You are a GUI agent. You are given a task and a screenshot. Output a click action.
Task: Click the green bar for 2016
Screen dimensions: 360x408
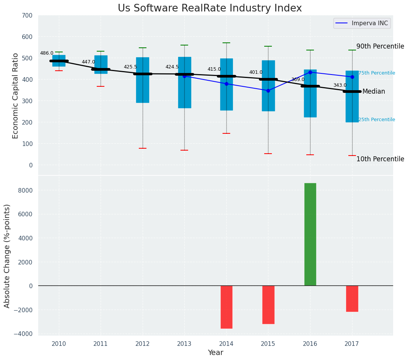pyautogui.click(x=310, y=234)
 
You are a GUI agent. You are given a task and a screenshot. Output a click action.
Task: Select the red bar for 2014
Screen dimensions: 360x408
pyautogui.click(x=226, y=307)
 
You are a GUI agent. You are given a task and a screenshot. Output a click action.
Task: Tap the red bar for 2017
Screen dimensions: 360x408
pyautogui.click(x=352, y=298)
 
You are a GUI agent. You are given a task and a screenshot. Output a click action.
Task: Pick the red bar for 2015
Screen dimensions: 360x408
pyautogui.click(x=268, y=305)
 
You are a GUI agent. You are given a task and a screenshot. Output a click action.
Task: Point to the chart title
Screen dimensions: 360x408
pyautogui.click(x=210, y=8)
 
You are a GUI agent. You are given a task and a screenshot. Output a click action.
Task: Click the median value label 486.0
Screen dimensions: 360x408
pyautogui.click(x=47, y=53)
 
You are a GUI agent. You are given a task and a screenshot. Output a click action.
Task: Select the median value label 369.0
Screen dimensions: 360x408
pyautogui.click(x=298, y=79)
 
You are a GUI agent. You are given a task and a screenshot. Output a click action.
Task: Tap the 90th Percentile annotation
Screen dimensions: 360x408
pyautogui.click(x=380, y=46)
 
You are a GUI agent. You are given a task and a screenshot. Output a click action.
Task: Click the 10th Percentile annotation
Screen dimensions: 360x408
pyautogui.click(x=380, y=159)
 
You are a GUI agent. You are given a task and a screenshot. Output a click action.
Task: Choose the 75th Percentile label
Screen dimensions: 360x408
pyautogui.click(x=377, y=73)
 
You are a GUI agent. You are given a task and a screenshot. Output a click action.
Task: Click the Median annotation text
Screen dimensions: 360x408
pyautogui.click(x=374, y=91)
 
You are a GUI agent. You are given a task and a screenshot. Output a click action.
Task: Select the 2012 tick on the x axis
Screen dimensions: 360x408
pyautogui.click(x=143, y=344)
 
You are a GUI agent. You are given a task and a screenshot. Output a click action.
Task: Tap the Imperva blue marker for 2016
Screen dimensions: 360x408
pyautogui.click(x=310, y=72)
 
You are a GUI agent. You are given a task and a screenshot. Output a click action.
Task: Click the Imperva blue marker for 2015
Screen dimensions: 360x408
pyautogui.click(x=268, y=91)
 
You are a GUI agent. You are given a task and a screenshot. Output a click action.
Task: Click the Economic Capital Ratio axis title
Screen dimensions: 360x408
pyautogui.click(x=16, y=96)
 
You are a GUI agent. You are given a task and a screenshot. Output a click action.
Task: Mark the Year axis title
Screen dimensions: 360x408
pyautogui.click(x=215, y=353)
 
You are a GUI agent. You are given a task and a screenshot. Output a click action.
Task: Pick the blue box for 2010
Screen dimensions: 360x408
pyautogui.click(x=59, y=61)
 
